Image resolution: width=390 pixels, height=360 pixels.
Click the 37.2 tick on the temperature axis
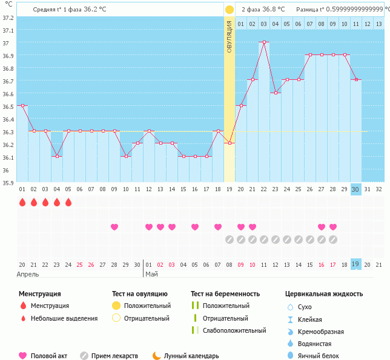[7, 18]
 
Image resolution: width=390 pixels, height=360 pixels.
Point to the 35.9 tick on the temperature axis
[7, 182]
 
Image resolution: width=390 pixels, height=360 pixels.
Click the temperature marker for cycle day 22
[263, 42]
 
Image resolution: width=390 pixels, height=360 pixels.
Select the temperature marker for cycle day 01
[22, 105]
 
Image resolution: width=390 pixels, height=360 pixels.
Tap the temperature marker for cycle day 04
[57, 156]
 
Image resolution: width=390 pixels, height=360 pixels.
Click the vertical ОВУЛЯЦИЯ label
[230, 37]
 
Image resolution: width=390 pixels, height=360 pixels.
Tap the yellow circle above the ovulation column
[229, 10]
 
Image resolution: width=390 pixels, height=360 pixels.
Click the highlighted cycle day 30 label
[356, 189]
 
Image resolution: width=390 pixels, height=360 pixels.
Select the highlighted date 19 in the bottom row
[356, 264]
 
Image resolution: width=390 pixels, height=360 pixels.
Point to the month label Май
[149, 274]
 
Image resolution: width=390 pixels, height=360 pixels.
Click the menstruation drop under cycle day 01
[22, 202]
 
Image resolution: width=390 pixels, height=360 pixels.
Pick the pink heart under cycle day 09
[114, 227]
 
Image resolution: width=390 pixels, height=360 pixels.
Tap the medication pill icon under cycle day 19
[229, 240]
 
